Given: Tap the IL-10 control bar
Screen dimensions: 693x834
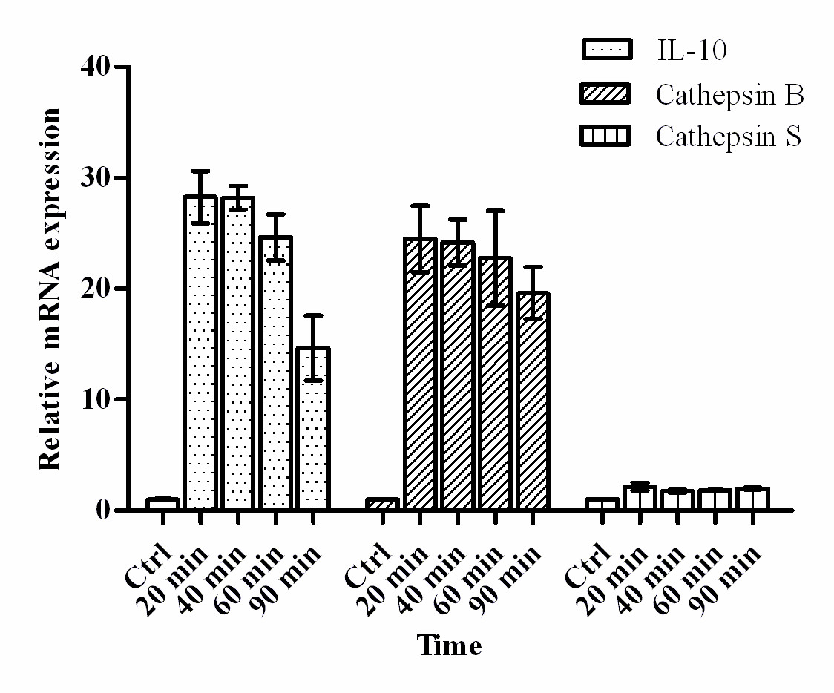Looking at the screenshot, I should coord(162,504).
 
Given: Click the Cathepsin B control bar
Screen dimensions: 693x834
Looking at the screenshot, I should coord(382,504).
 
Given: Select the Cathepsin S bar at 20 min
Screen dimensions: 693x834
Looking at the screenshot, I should coord(640,498).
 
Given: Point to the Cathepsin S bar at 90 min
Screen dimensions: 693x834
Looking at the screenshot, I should coord(752,499).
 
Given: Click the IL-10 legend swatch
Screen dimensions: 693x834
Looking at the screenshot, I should coord(606,50).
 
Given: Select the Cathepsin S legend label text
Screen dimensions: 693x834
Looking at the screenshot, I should coord(729,137).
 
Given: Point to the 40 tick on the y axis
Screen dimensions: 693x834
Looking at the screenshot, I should coord(123,67).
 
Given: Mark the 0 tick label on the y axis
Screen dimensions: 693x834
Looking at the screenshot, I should coord(105,510).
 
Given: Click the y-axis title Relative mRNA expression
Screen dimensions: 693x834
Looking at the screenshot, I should coord(50,289).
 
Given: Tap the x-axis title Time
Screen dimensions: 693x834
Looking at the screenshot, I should coord(448,646).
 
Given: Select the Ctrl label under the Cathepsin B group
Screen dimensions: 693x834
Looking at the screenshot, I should coord(367,565).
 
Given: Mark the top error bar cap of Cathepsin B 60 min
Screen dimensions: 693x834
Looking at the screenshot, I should coord(495,211).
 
